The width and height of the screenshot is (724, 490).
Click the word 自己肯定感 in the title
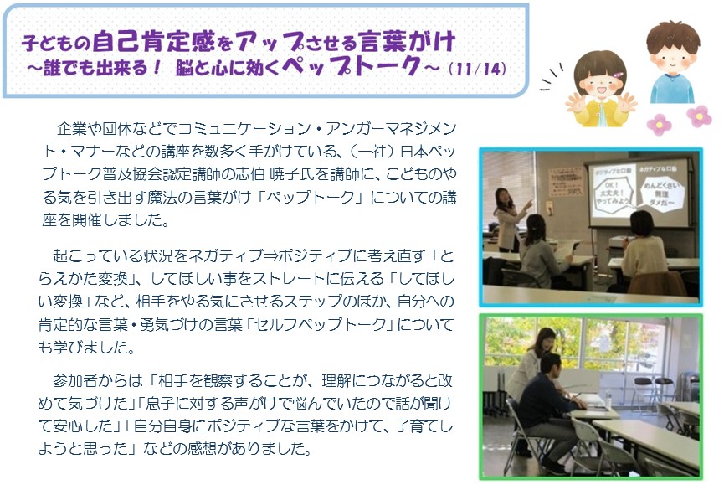[154, 42]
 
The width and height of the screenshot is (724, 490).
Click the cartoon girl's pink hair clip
[617, 75]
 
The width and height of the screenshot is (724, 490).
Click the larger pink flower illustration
[699, 116]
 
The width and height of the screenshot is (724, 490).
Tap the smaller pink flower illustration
[659, 124]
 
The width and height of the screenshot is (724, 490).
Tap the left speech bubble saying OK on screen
[612, 193]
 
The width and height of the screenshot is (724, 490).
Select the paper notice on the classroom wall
[565, 182]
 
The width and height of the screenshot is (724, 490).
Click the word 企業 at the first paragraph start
[72, 128]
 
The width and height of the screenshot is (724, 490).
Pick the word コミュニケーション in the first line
[244, 128]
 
